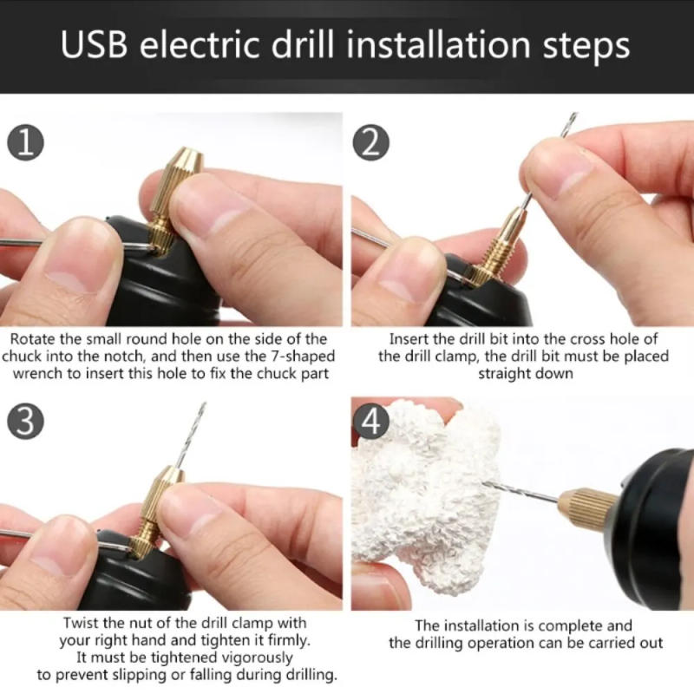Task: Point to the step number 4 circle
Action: tap(370, 422)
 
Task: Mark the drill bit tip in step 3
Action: tap(203, 407)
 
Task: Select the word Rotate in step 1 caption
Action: tap(37, 339)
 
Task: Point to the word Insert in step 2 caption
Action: tap(409, 339)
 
